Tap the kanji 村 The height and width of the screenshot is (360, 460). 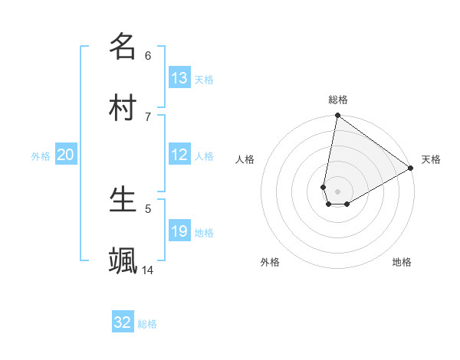pos(123,107)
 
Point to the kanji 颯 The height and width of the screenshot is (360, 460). pos(123,260)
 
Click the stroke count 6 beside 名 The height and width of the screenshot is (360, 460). pos(148,55)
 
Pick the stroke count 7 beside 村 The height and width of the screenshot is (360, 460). pos(148,116)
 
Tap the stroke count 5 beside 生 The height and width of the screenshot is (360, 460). pos(148,208)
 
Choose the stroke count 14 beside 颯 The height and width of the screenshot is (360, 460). pos(148,270)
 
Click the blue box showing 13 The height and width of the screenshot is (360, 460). pos(179,78)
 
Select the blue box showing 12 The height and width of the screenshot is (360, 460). pos(179,155)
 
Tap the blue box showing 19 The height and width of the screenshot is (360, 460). pos(179,231)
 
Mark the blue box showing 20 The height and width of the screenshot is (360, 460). pos(66,155)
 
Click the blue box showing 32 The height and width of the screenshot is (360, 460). pos(123,322)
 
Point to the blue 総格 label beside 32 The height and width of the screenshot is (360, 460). pos(147,324)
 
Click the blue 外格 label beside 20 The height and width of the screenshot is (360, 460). pos(41,156)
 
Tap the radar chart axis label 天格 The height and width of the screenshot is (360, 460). pos(431,159)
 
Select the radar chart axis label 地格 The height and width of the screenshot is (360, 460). pos(402,262)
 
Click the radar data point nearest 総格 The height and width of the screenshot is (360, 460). pos(337,116)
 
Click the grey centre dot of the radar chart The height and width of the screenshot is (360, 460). pos(337,191)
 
